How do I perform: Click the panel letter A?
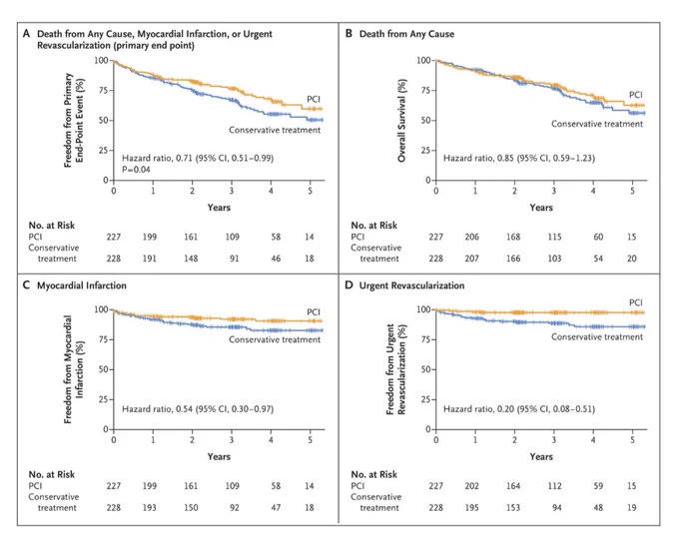coord(26,33)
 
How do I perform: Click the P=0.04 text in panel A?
coord(136,170)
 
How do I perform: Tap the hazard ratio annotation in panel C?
coord(198,409)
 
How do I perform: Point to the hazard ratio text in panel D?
coord(519,409)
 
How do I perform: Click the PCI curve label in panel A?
coord(314,99)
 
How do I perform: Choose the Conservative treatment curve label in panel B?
coord(597,124)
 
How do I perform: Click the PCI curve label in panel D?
coord(636,302)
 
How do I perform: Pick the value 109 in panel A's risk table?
coord(232,237)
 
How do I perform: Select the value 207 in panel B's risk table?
coord(472,259)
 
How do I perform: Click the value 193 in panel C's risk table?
coord(150,507)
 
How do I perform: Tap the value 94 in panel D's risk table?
coord(557,507)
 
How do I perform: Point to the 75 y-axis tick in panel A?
coord(104,90)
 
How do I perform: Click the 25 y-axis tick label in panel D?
coord(425,399)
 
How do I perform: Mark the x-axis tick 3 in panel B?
coord(554,191)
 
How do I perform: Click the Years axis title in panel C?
coord(219,456)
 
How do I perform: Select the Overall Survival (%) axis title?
coord(402,121)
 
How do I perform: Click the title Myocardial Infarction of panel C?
coord(82,285)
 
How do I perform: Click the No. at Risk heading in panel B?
coord(374,226)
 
